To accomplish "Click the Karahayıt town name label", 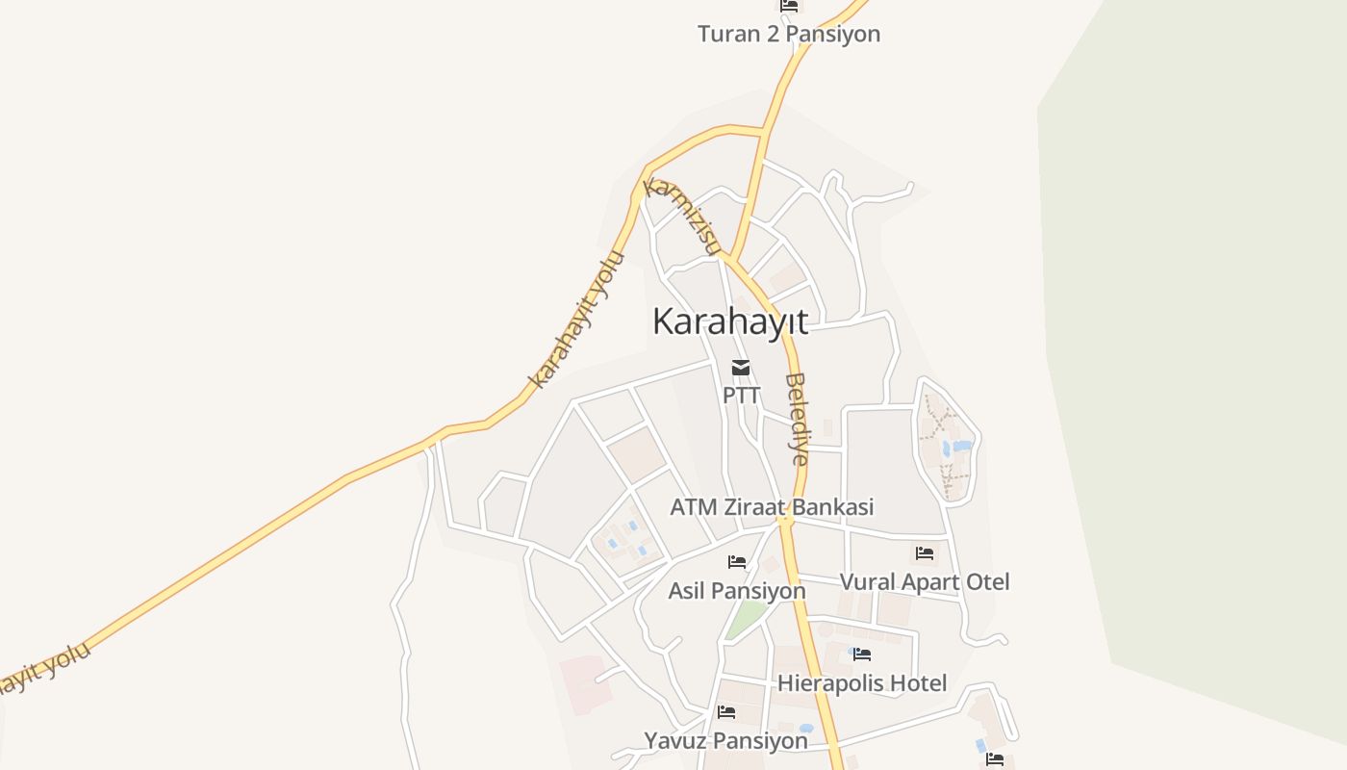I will coord(730,321).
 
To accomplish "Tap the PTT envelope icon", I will coord(741,367).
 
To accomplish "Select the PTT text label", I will coord(741,395).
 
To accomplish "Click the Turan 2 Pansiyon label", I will coord(788,35).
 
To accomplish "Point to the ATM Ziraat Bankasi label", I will coord(772,506).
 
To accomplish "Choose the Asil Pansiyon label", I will coord(737,590).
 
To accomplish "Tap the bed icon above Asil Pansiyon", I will coord(737,561).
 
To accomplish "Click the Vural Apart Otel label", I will coord(925,581).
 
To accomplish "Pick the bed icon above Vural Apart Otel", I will coord(925,552).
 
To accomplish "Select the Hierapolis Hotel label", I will coord(862,683).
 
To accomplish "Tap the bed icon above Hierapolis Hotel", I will coord(862,654).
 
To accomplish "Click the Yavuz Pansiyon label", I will coord(725,740).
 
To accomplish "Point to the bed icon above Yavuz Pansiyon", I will coord(726,712).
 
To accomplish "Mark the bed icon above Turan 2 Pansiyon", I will coord(789,6).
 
